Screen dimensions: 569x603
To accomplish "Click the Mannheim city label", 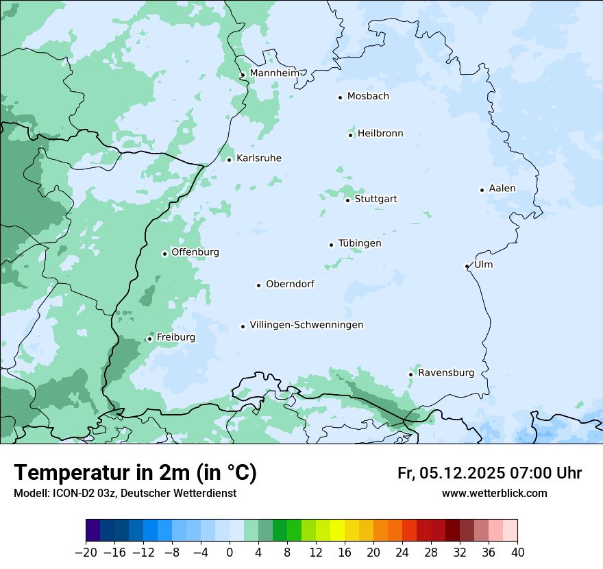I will coord(274,73).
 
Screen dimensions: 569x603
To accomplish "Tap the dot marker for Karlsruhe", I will coord(230,160).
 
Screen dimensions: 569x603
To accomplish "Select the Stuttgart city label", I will coord(376,199).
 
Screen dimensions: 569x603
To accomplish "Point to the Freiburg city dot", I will coord(149,339).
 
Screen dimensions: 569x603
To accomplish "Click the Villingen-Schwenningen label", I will coord(306,325).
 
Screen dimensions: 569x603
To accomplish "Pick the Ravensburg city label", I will coord(446,373).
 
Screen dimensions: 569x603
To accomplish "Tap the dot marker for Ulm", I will coord(467,266).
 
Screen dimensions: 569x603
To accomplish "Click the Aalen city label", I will coord(502,189).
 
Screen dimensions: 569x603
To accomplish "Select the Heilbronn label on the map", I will coord(380,134).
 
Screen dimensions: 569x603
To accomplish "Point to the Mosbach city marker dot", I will coord(340,97).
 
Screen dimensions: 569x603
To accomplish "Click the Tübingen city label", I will coord(360,243).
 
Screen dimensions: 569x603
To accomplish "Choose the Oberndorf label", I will coord(290,284).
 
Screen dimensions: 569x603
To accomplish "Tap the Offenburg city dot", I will coord(164,254).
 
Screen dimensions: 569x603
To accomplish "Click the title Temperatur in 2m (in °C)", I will coord(135,473).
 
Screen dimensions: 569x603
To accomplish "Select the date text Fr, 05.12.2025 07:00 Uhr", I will coord(489,473).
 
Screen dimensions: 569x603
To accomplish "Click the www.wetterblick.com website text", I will coord(494,493).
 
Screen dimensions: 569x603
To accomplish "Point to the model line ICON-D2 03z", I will coord(125,493).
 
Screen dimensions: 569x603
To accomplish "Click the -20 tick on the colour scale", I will coord(86,553).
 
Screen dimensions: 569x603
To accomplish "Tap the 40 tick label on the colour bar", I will coord(517,553).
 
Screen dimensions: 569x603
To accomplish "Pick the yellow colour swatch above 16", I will coord(337,531).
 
